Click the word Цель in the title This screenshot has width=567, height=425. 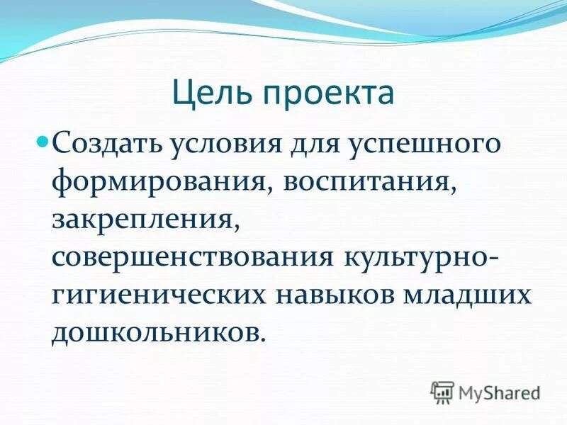click(210, 93)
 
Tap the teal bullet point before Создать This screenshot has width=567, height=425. click(61, 140)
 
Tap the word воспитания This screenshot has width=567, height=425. click(369, 183)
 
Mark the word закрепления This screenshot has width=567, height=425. click(143, 220)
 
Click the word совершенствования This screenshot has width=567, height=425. click(193, 257)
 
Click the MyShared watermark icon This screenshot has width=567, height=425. click(442, 392)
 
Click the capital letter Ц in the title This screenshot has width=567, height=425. click(183, 93)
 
